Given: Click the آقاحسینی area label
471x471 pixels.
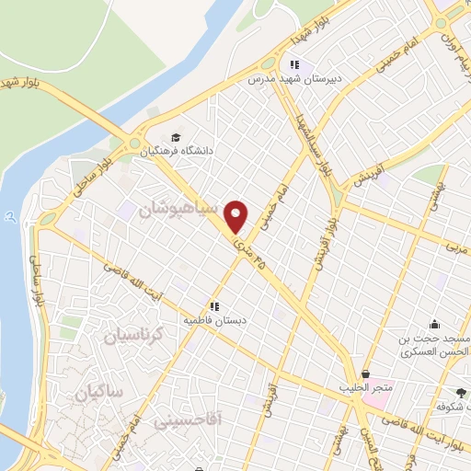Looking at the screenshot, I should (x=188, y=421).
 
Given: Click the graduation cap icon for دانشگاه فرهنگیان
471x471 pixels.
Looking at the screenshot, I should (x=176, y=137).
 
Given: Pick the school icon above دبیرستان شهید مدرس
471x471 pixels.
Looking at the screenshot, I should (x=294, y=64).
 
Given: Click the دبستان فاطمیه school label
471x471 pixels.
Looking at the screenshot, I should (x=214, y=320).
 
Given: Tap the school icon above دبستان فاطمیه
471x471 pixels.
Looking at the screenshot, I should (x=214, y=306).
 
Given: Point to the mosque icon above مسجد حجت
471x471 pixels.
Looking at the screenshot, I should (x=434, y=324).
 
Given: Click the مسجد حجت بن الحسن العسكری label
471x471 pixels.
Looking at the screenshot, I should (x=435, y=345).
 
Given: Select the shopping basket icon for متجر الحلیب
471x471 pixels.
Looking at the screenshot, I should (x=366, y=375).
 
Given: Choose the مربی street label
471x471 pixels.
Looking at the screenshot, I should (x=456, y=247).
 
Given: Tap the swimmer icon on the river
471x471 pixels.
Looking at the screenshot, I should (x=9, y=217).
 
